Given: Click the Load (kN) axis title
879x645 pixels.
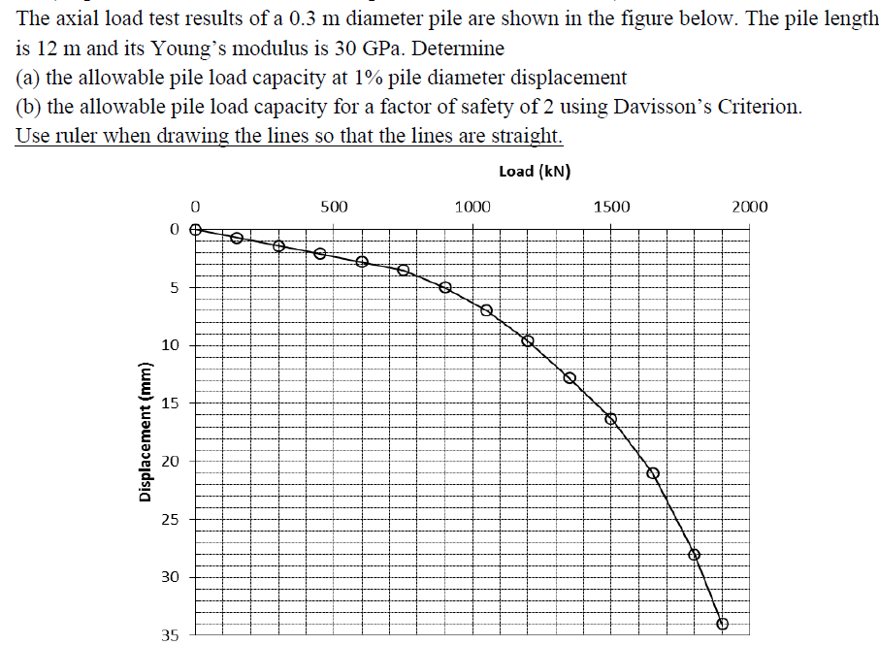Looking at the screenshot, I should (x=534, y=172).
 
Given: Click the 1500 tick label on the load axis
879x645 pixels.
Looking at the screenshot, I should (x=611, y=207).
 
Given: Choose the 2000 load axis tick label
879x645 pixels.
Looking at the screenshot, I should (x=749, y=207).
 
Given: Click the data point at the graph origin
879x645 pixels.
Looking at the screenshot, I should (x=195, y=230).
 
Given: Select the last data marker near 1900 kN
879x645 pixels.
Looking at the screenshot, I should (x=722, y=624).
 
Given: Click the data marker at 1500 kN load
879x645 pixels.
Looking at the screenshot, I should (x=611, y=419).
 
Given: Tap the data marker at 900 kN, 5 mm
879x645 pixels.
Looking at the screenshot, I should (x=445, y=287).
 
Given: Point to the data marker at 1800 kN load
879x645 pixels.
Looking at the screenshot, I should (x=694, y=554).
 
